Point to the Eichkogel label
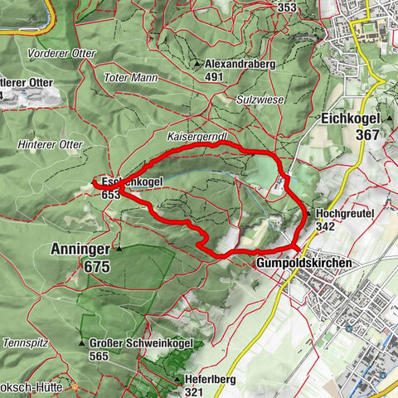click(350, 119)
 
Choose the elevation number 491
click(216, 77)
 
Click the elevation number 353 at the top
click(287, 7)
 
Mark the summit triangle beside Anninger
click(119, 248)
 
